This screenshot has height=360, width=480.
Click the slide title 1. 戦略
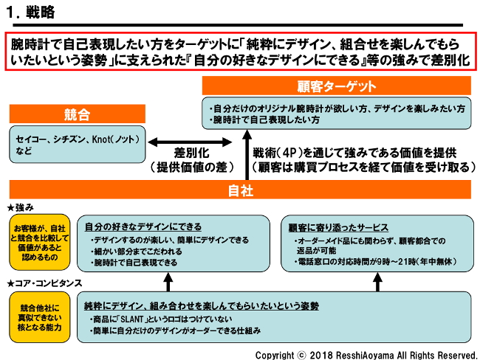point(30,12)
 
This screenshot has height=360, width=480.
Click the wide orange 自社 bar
point(240,190)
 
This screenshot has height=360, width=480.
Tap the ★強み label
point(21,208)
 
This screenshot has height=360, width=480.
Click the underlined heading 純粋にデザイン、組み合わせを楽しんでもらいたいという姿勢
point(201,305)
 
